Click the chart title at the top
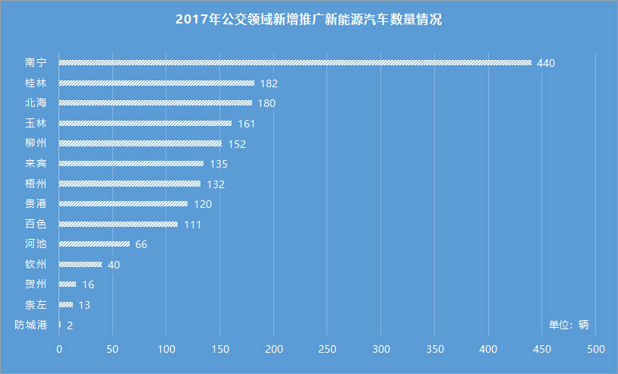pos(308,20)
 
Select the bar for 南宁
pos(295,63)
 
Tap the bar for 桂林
pos(156,83)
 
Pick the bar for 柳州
pos(140,143)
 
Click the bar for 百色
pos(118,224)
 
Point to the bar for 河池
pos(94,244)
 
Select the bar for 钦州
pos(80,264)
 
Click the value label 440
pos(546,63)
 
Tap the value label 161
pos(247,124)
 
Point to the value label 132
pos(216,184)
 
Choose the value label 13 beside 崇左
pos(84,305)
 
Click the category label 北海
pos(36,102)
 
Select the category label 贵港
pos(36,203)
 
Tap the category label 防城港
pos(30,325)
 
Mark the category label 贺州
pos(36,284)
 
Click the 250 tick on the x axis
pos(327,349)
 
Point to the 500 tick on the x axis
pos(596,349)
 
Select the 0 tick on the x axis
pos(59,349)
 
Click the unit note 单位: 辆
pos(569,325)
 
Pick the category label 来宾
pos(36,163)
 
